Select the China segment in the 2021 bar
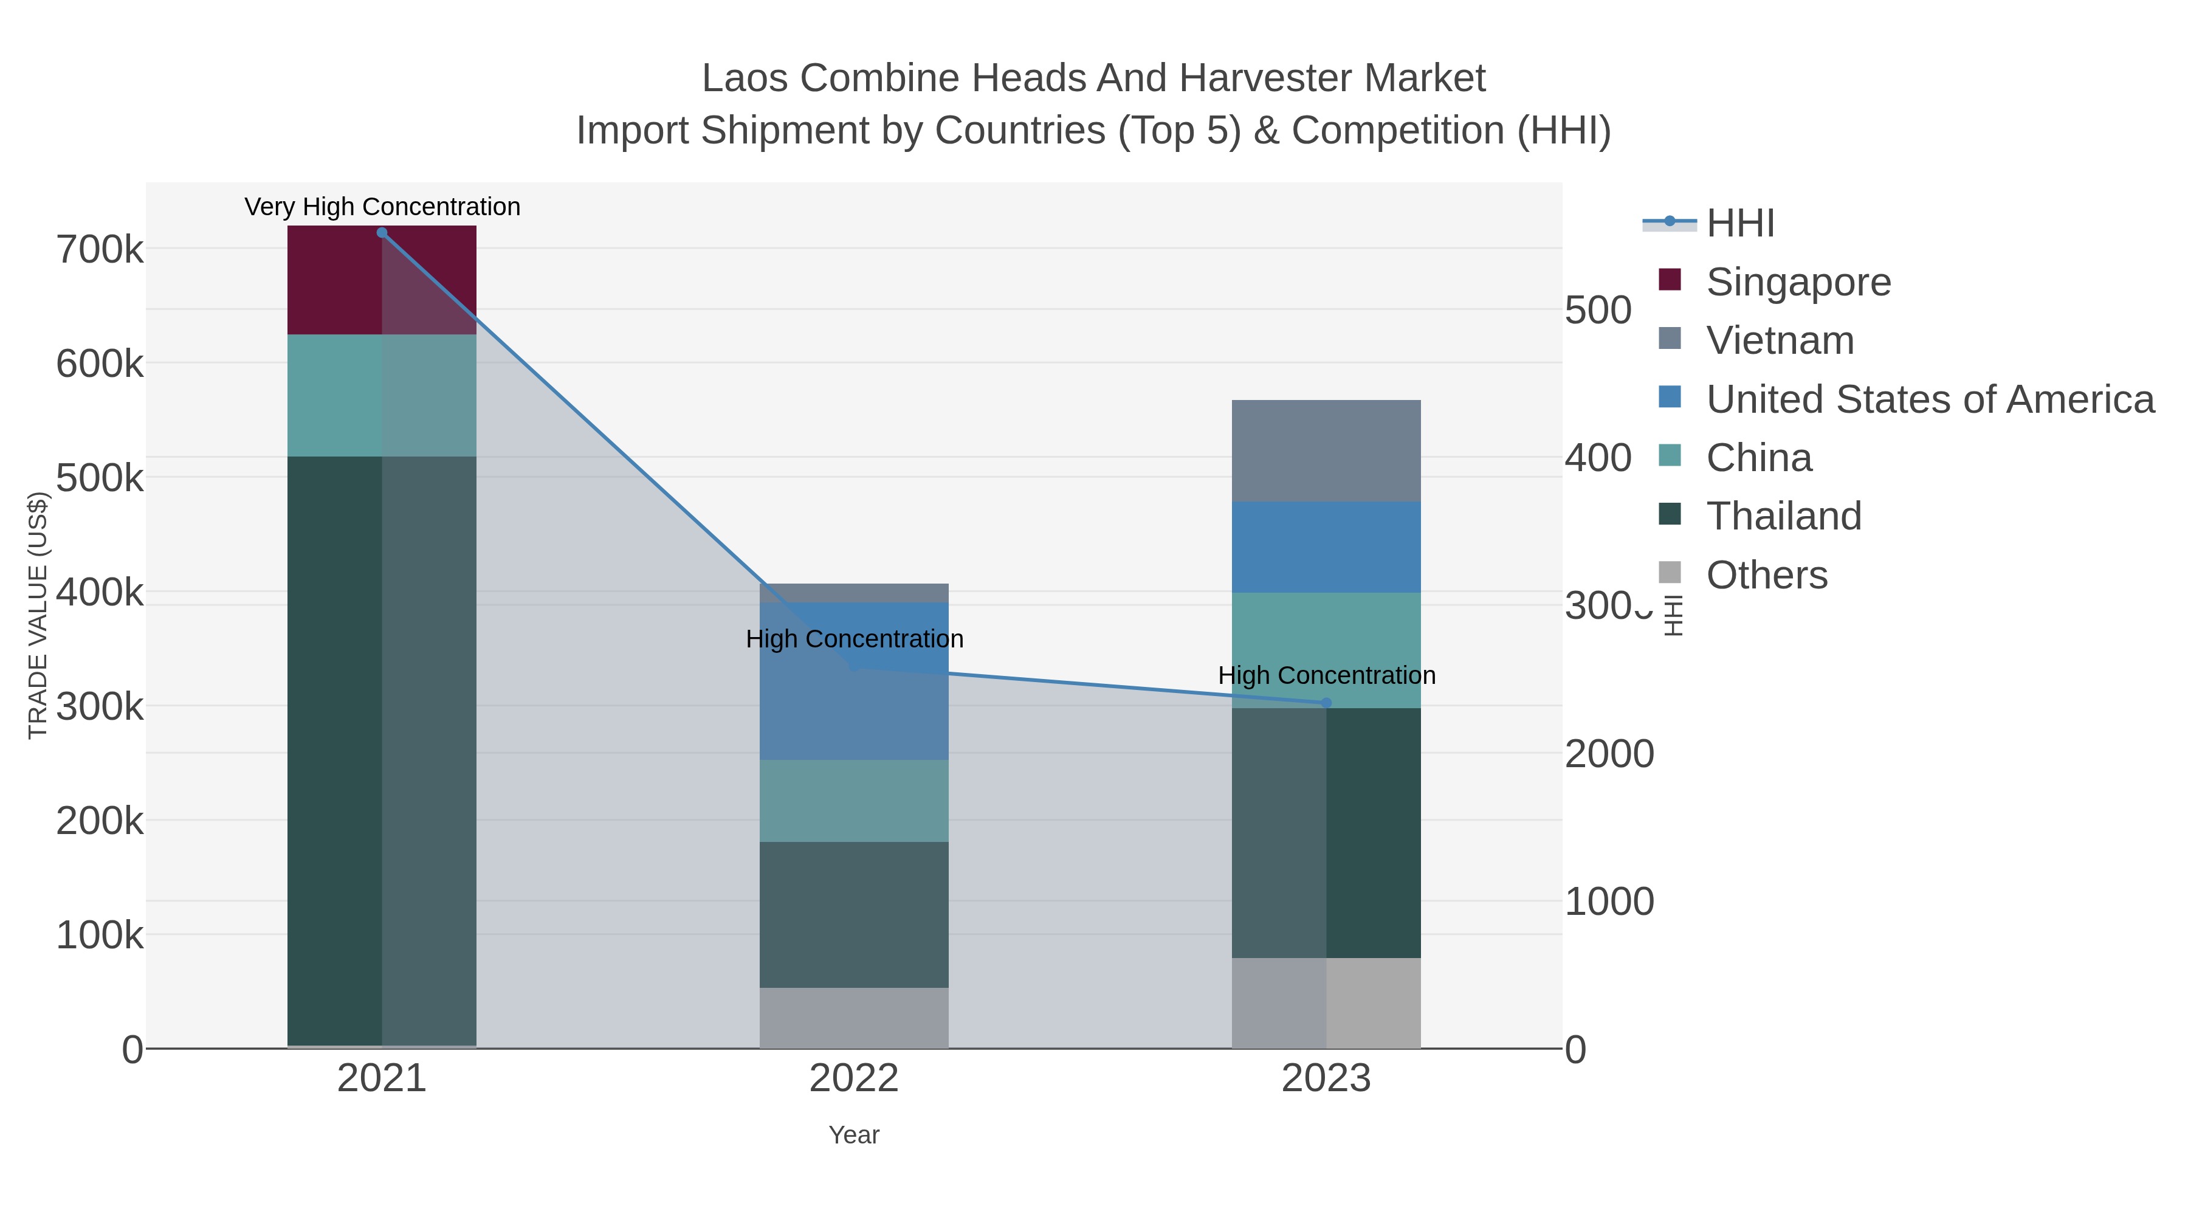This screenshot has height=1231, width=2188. pyautogui.click(x=381, y=395)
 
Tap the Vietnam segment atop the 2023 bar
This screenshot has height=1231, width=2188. pyautogui.click(x=1326, y=450)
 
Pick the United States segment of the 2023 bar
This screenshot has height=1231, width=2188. pyautogui.click(x=1326, y=547)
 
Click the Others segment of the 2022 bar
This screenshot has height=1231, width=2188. pyautogui.click(x=854, y=1017)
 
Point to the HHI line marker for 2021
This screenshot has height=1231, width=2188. pyautogui.click(x=381, y=233)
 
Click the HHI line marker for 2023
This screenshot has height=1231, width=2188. pyautogui.click(x=1326, y=703)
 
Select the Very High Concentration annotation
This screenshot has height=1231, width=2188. pyautogui.click(x=382, y=207)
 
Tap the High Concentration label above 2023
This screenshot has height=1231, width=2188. pyautogui.click(x=1326, y=675)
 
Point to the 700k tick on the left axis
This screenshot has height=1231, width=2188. pyautogui.click(x=100, y=250)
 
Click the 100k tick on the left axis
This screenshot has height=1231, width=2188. pyautogui.click(x=100, y=936)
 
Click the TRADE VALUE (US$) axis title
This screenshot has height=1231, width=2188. pyautogui.click(x=38, y=615)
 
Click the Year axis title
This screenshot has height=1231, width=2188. pyautogui.click(x=854, y=1135)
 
